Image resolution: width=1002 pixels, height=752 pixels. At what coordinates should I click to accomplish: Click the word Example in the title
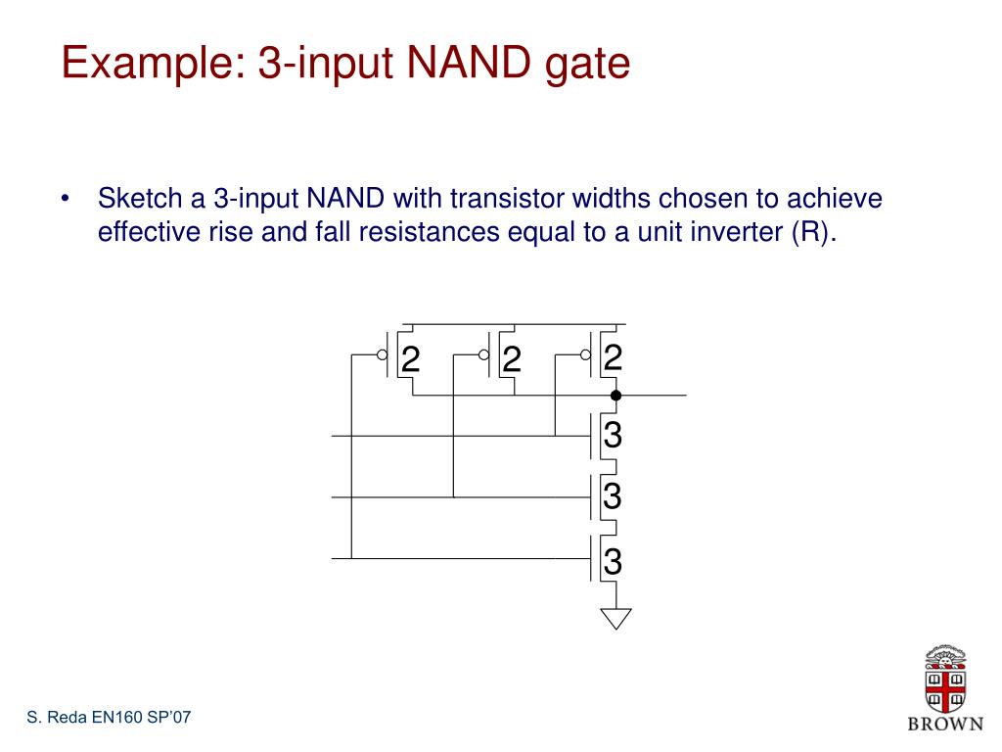151,64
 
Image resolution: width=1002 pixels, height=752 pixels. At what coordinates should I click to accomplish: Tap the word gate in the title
587,66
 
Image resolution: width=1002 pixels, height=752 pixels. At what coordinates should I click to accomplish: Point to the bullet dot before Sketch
65,201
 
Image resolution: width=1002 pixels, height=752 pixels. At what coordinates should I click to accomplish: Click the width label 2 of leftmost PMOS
411,360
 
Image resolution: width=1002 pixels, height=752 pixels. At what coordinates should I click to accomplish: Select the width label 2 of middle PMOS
511,360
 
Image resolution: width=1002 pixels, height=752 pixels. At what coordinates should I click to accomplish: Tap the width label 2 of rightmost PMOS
614,358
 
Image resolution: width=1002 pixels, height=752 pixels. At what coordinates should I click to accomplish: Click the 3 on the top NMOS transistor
614,435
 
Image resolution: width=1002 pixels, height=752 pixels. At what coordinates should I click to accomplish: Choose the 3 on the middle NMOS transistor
614,497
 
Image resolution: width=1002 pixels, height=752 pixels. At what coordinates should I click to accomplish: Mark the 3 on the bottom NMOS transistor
614,562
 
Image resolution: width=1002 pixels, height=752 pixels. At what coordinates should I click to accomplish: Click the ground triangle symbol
615,617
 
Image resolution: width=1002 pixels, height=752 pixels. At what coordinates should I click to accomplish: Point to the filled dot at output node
615,396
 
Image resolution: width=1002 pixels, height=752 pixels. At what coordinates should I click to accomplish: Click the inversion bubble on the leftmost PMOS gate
382,355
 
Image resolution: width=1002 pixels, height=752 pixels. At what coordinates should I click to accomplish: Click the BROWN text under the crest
945,724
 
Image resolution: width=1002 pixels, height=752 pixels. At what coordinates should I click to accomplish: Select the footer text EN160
116,718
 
